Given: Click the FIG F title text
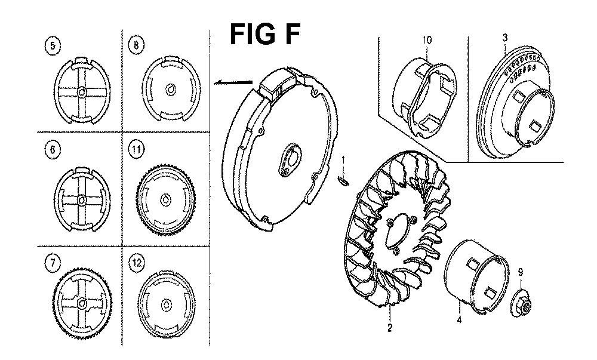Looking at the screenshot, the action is (264, 34).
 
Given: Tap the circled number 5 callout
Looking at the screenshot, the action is (52, 45).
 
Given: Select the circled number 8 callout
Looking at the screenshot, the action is (136, 45).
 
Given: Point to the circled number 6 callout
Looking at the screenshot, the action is (52, 150).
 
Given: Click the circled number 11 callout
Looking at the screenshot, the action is (136, 149).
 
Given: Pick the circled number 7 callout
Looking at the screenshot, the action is (52, 263).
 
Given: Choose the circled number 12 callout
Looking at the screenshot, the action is (137, 263).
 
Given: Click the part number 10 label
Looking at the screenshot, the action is (427, 40).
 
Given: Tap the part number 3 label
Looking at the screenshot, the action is (505, 37).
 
